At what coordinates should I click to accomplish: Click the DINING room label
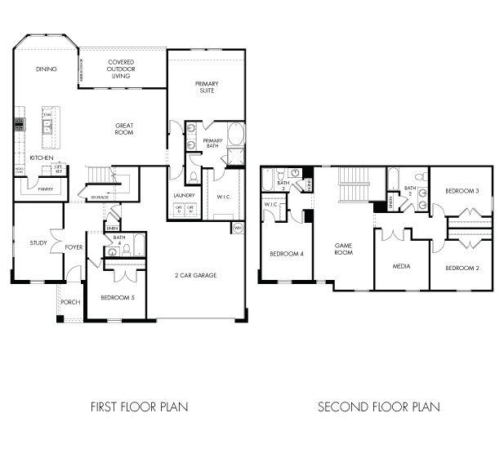(x=46, y=69)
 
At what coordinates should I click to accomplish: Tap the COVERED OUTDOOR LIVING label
(x=121, y=69)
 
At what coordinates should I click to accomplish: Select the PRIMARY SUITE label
(x=206, y=87)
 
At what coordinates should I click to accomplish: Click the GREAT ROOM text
(x=123, y=128)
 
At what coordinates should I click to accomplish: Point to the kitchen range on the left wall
(x=18, y=126)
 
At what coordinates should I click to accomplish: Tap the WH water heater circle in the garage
(x=237, y=227)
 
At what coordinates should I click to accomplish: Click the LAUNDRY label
(x=184, y=196)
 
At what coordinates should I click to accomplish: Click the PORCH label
(x=70, y=302)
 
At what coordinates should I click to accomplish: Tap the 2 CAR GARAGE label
(x=196, y=275)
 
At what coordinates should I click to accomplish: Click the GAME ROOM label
(x=344, y=249)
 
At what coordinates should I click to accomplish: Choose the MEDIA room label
(x=400, y=266)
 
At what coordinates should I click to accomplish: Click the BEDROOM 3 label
(x=462, y=191)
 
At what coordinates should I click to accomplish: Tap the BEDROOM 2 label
(x=462, y=268)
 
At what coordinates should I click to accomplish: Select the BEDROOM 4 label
(x=288, y=254)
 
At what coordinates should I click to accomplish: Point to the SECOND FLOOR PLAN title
(x=378, y=406)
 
